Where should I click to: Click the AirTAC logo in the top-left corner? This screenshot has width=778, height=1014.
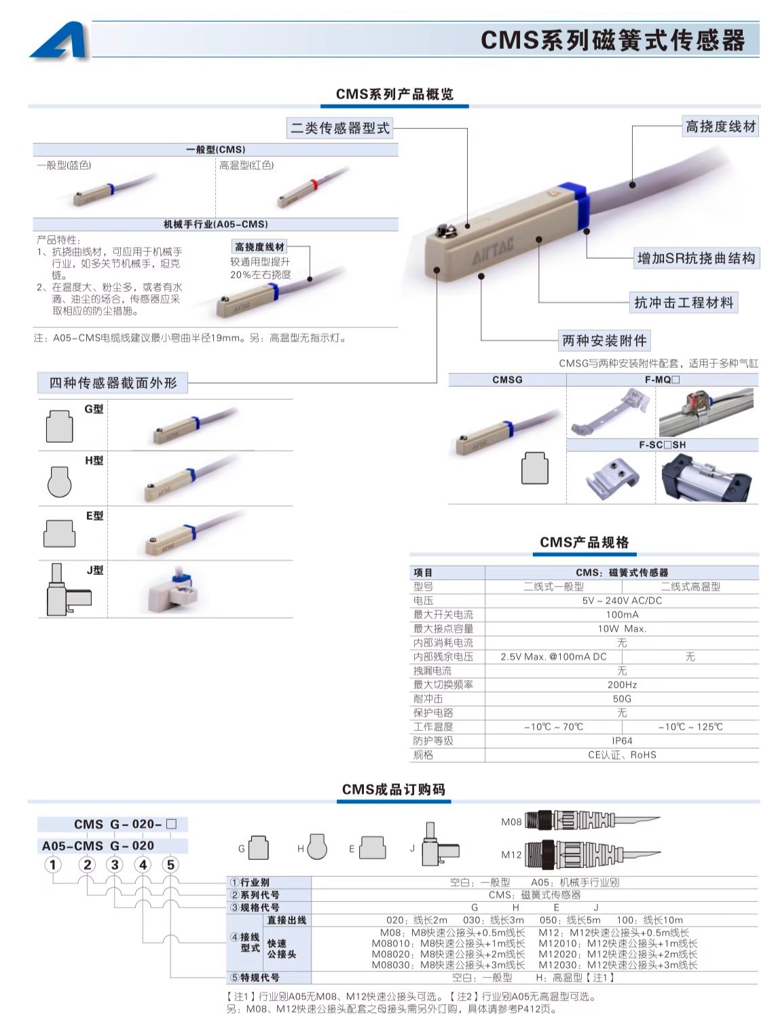[x=60, y=41]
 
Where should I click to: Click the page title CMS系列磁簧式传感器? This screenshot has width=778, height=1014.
[x=612, y=40]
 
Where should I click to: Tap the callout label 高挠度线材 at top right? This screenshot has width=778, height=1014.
[x=720, y=126]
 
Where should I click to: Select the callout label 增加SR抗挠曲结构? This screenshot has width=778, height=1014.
[x=695, y=258]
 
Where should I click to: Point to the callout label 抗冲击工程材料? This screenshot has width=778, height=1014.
[x=683, y=303]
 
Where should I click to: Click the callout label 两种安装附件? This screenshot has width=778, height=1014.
[x=604, y=340]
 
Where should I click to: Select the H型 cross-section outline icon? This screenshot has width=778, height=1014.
[x=59, y=481]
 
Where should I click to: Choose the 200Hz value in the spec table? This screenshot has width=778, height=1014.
[x=621, y=685]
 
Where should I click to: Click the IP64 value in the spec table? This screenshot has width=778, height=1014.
[x=621, y=740]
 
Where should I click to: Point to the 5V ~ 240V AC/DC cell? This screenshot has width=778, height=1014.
[x=621, y=601]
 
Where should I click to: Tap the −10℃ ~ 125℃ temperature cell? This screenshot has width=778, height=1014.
[x=690, y=727]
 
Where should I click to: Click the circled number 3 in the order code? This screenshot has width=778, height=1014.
[x=115, y=865]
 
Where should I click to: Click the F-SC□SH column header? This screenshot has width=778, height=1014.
[x=662, y=445]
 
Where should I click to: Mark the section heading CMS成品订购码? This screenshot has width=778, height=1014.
[x=393, y=789]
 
